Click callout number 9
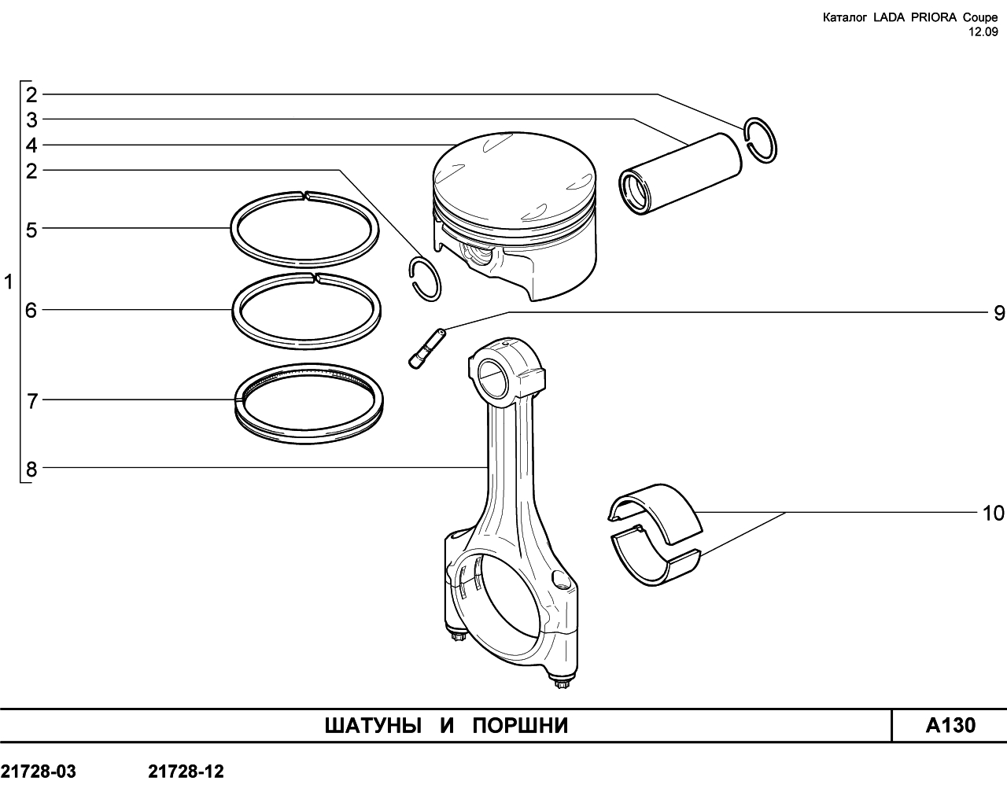(998, 312)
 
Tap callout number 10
(993, 514)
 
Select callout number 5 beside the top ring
(31, 230)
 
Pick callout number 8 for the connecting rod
(31, 469)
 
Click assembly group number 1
(9, 282)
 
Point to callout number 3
(31, 120)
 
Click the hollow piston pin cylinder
(681, 174)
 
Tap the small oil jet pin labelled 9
(426, 349)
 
